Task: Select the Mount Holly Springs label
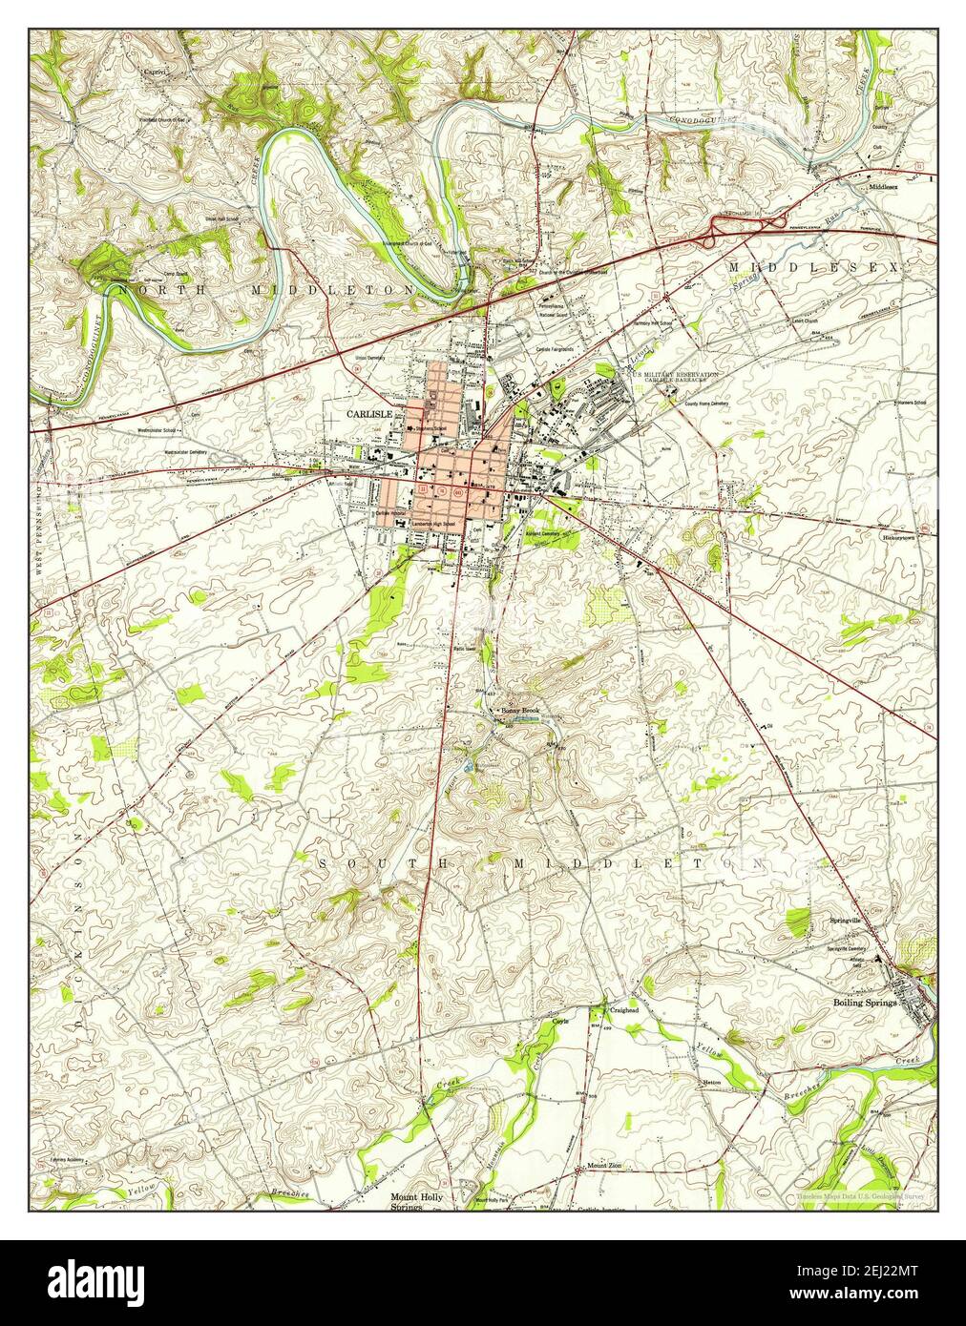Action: click(x=413, y=1201)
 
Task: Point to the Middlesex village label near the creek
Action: click(x=883, y=187)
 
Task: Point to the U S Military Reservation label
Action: click(x=672, y=375)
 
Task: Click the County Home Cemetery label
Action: click(x=706, y=403)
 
